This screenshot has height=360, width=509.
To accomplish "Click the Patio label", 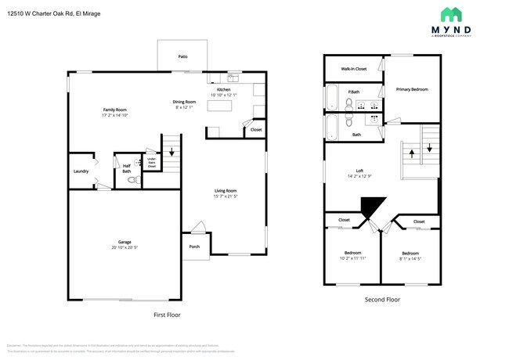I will pos(182,56).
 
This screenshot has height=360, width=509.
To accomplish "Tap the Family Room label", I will pos(114,110).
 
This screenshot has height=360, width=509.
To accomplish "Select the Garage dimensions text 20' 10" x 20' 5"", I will pos(125,247).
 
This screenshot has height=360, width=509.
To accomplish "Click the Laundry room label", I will pos(80,171).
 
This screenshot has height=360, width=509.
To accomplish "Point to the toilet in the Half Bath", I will pos(132,179).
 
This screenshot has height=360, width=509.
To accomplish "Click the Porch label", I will pos(194,247).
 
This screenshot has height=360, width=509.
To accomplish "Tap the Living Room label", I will pos(226,190).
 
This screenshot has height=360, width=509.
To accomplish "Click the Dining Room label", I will pos(185,102).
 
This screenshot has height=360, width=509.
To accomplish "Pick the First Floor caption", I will pos(167,314).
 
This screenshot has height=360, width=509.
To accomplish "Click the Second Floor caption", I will pos(382,300).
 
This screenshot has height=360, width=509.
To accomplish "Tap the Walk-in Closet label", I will pos(353,69).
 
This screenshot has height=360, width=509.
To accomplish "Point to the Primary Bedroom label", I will pos(411,89).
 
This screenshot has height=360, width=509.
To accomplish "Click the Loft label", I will pos(359,171).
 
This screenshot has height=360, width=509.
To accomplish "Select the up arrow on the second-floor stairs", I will pos(410,149).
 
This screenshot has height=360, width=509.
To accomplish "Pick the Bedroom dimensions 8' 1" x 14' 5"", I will pos(411,257).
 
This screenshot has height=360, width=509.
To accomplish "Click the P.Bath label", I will pos(354,92).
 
